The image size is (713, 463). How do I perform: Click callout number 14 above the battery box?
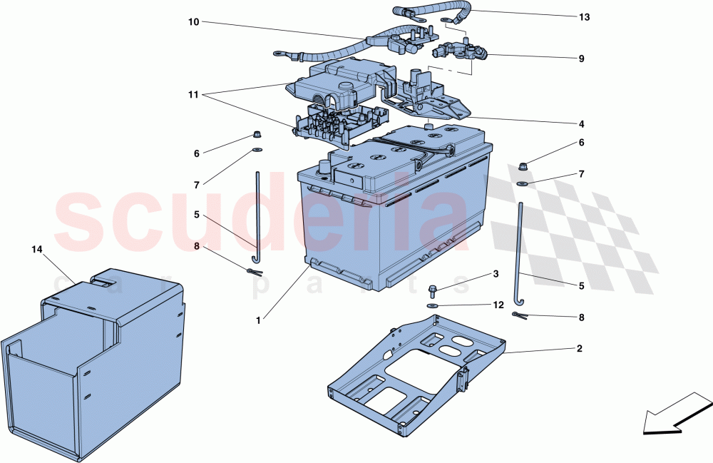37,249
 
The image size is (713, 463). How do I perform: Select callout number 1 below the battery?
258,320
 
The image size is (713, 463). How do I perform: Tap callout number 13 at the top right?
585,17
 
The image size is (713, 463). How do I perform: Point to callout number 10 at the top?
194,22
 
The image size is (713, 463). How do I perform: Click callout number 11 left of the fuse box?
194,95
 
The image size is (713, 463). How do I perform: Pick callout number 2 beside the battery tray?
579,349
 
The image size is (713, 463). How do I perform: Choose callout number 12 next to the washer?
499,305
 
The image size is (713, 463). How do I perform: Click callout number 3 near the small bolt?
496,274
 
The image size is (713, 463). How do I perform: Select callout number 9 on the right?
582,58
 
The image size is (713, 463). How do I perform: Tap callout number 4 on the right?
582,124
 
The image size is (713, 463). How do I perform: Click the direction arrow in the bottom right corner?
677,413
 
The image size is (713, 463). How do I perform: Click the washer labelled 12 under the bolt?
433,305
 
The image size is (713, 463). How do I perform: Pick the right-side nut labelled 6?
523,166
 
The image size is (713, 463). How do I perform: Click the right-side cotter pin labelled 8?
519,315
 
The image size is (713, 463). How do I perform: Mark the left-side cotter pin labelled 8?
255,272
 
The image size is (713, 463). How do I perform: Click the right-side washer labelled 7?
522,184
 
